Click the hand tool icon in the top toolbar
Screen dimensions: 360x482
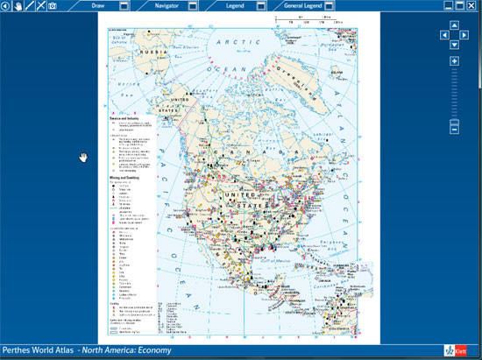[18, 5]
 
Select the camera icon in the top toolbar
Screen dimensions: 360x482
[53, 5]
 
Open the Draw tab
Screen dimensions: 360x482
[99, 5]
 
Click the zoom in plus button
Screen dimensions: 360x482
[454, 60]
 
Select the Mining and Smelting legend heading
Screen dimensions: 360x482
[124, 177]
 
